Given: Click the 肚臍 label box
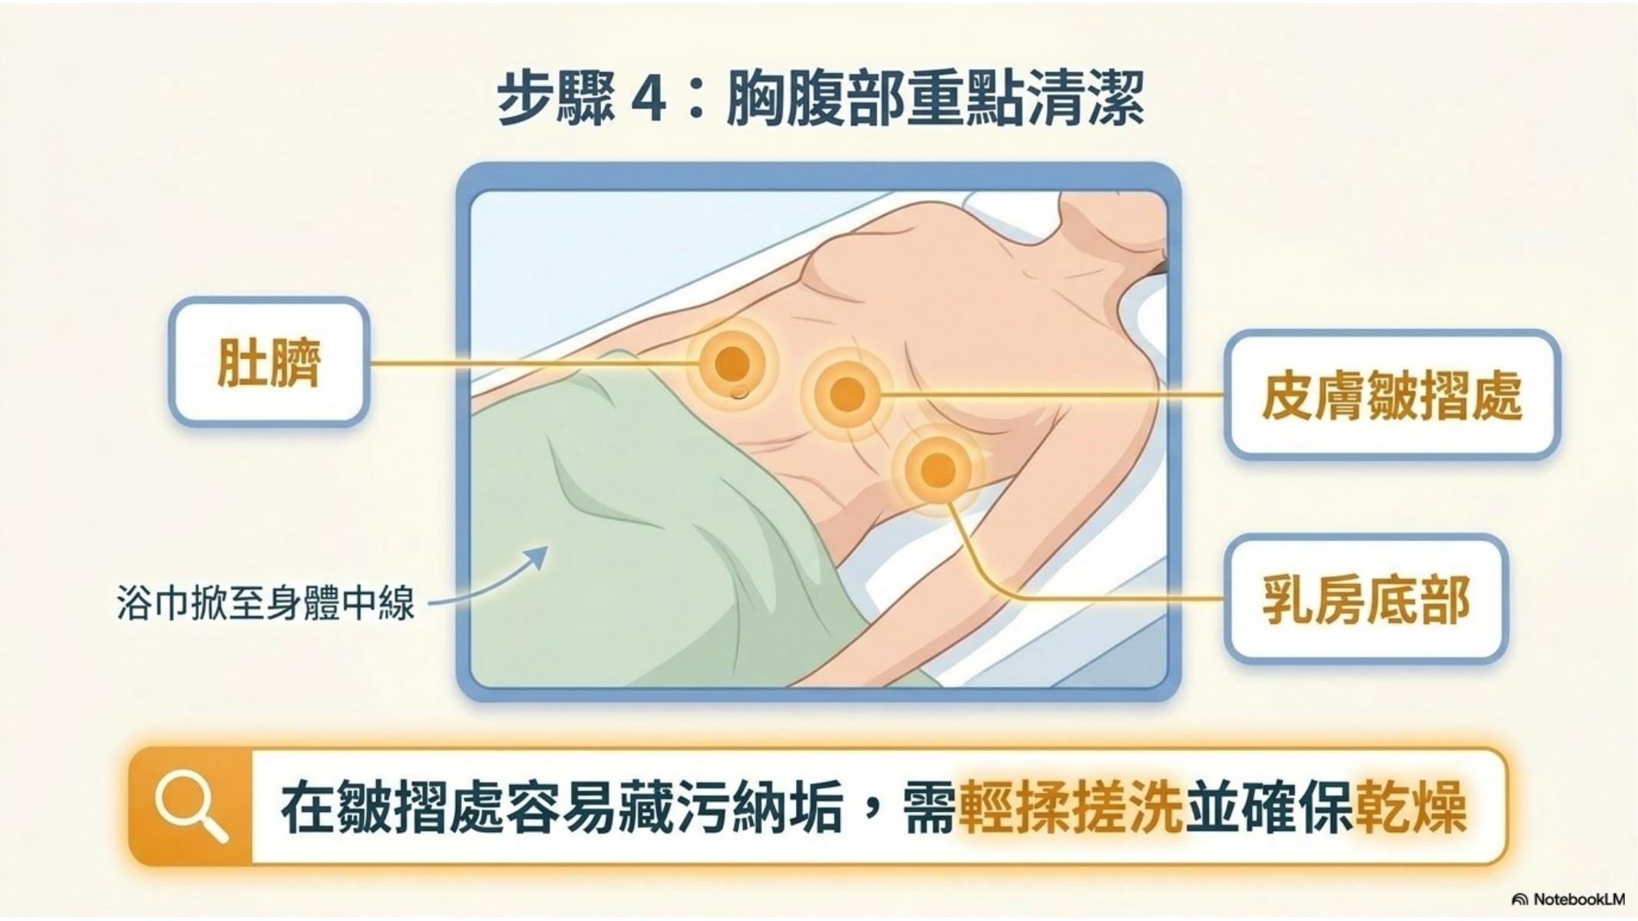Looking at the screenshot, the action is tap(269, 362).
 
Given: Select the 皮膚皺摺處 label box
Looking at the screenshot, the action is tap(1392, 395).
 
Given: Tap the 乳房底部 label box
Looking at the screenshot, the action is tap(1366, 599).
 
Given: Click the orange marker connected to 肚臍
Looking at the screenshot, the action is tap(731, 363).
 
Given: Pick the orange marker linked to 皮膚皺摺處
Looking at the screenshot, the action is tap(847, 394).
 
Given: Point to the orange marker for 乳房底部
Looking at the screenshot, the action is tap(937, 470).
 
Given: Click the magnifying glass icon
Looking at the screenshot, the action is tap(191, 807).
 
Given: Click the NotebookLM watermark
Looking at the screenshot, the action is tap(1567, 899).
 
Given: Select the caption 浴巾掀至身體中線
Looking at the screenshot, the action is tap(266, 602).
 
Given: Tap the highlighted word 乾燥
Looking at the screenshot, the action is tap(1411, 808).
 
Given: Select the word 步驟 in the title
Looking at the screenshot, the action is tap(556, 100).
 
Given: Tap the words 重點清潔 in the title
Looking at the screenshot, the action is tap(1025, 100).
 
